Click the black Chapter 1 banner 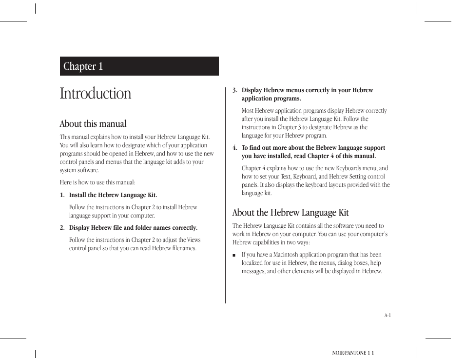139,66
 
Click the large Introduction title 96,93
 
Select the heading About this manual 93,123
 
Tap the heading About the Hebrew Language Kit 290,212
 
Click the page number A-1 387,315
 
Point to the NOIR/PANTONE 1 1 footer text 352,352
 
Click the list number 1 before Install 62,195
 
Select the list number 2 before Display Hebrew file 62,228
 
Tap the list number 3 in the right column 234,90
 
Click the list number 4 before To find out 234,148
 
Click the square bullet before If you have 234,255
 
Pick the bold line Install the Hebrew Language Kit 113,195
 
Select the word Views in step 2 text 194,240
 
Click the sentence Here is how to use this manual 97,182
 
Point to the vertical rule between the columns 225,195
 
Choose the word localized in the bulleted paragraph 254,263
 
